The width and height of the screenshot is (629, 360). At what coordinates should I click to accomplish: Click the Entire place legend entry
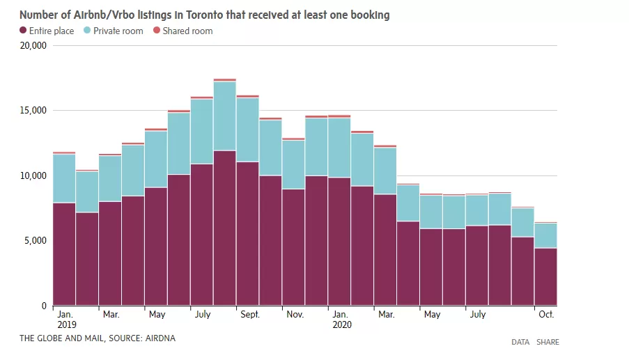click(x=47, y=31)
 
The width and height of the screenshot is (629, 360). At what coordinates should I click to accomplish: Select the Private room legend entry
click(x=113, y=31)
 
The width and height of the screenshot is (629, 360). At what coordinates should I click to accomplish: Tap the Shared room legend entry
click(x=183, y=31)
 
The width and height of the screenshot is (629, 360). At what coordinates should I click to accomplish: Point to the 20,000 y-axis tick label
click(x=33, y=46)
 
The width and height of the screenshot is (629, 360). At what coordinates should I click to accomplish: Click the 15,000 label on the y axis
click(x=33, y=110)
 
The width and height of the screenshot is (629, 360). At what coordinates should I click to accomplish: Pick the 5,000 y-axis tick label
click(x=36, y=240)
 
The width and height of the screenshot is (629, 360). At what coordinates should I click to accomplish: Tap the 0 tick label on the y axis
click(x=44, y=306)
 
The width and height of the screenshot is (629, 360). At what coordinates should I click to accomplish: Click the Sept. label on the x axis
click(x=250, y=314)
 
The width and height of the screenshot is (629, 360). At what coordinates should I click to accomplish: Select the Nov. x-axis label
click(x=295, y=314)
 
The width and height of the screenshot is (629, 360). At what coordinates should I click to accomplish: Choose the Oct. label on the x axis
click(x=546, y=314)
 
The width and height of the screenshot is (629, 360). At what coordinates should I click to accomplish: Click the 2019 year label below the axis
click(x=67, y=324)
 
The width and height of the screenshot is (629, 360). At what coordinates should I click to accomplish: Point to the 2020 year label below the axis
click(x=342, y=324)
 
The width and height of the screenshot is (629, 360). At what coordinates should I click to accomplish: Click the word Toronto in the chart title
click(x=204, y=15)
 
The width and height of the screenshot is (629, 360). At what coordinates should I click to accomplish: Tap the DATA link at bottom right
click(x=520, y=342)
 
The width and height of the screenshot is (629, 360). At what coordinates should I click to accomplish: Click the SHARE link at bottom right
click(x=548, y=342)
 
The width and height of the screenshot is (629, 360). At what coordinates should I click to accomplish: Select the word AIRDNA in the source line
click(x=160, y=338)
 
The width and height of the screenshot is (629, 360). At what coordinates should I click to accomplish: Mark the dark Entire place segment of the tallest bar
click(x=224, y=228)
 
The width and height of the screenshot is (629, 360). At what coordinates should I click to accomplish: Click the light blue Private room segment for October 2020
click(x=545, y=236)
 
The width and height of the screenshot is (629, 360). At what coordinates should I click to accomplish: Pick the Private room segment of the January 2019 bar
click(x=64, y=179)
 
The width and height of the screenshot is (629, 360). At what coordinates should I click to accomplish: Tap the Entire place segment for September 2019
click(x=247, y=234)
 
